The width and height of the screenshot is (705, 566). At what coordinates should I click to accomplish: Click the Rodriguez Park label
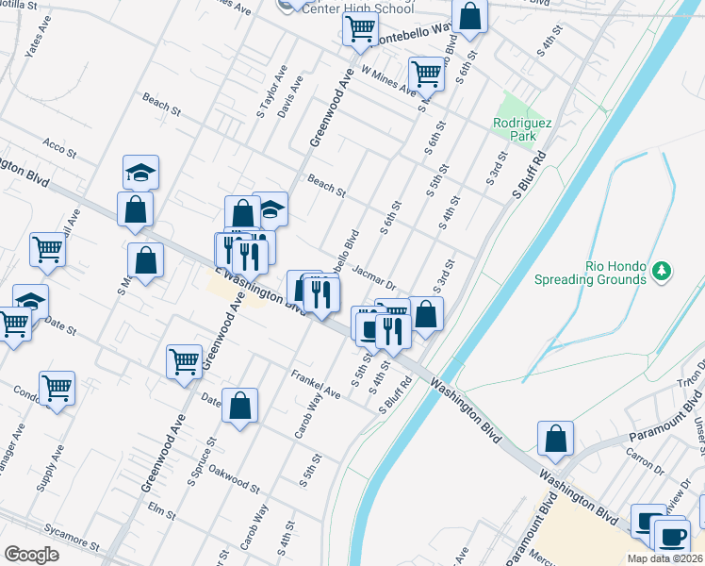(x=515, y=129)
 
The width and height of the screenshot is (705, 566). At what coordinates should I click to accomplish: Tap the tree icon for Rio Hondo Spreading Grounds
(x=663, y=271)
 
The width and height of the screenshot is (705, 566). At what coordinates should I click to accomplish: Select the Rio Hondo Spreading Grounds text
(x=602, y=272)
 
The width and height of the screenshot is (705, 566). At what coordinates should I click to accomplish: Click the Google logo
(x=31, y=555)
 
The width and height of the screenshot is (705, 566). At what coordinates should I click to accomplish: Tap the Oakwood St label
(x=234, y=477)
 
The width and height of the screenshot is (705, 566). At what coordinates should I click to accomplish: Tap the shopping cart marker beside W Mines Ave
(x=426, y=73)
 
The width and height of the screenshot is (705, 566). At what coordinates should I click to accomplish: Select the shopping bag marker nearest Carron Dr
(x=555, y=438)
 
